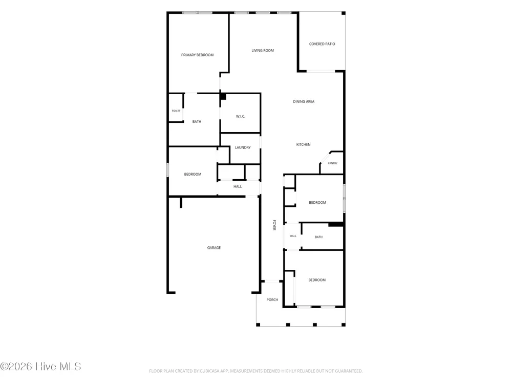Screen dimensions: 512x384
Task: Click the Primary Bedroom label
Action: (197, 55)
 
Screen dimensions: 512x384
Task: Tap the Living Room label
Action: (263, 50)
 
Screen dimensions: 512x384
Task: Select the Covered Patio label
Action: (322, 44)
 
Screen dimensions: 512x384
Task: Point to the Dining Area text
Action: (304, 101)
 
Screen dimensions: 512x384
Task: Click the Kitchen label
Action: (303, 144)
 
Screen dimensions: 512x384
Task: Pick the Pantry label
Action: (333, 163)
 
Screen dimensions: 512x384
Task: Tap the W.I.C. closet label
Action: (241, 116)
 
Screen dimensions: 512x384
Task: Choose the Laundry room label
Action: (243, 147)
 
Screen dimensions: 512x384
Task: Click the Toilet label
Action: (176, 111)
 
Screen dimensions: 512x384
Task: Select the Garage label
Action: (214, 247)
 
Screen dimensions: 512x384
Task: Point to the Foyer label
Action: (274, 225)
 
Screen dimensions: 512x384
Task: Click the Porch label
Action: (272, 300)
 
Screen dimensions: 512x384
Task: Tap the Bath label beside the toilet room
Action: (197, 121)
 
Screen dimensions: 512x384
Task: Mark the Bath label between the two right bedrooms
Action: (318, 237)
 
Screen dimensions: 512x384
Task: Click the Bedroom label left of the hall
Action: (193, 175)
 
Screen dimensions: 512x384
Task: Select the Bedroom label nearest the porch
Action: (317, 280)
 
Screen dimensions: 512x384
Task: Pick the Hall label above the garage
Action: (238, 186)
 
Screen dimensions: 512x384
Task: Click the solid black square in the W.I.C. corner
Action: (223, 97)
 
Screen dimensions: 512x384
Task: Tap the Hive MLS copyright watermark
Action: (40, 367)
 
